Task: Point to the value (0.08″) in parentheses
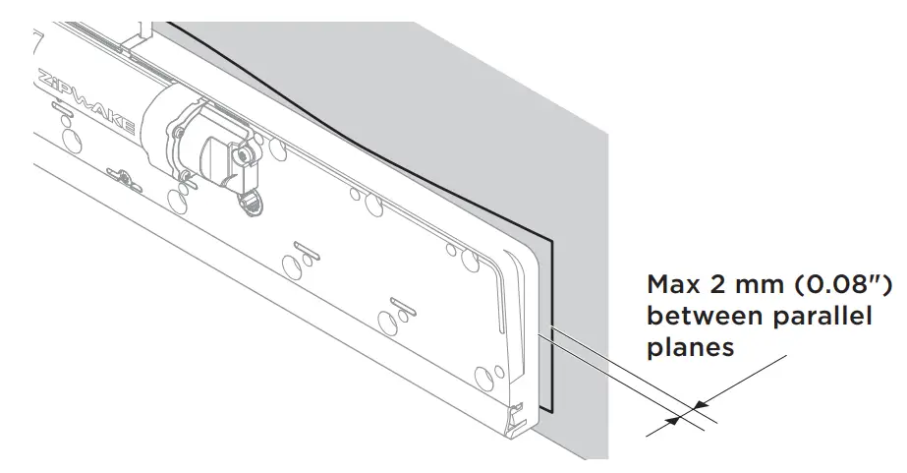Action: (x=843, y=286)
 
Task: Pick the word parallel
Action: (x=822, y=317)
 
